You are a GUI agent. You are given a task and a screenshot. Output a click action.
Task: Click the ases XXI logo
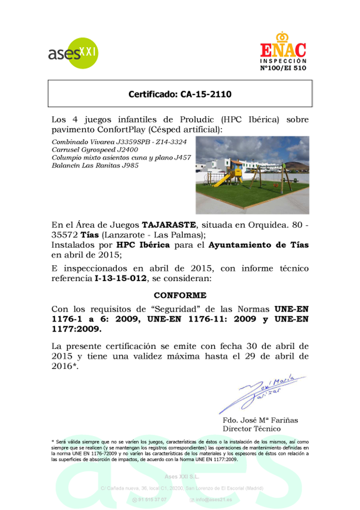[73, 53]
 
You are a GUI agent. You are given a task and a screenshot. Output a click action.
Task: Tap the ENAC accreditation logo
[283, 51]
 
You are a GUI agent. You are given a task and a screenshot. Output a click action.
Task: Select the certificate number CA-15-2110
[180, 94]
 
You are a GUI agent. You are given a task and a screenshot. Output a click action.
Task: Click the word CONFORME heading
[180, 295]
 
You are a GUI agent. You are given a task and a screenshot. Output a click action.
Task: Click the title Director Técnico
[252, 429]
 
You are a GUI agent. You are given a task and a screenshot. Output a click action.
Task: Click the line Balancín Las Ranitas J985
[95, 165]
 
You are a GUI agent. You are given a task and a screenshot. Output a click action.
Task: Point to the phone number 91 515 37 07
[152, 500]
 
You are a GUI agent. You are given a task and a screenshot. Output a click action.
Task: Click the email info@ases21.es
[216, 500]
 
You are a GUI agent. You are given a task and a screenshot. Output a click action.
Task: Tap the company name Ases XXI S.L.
[182, 477]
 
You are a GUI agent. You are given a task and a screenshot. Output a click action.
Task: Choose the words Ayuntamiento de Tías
[258, 245]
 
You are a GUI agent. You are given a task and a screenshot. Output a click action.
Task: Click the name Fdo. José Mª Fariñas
[260, 420]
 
